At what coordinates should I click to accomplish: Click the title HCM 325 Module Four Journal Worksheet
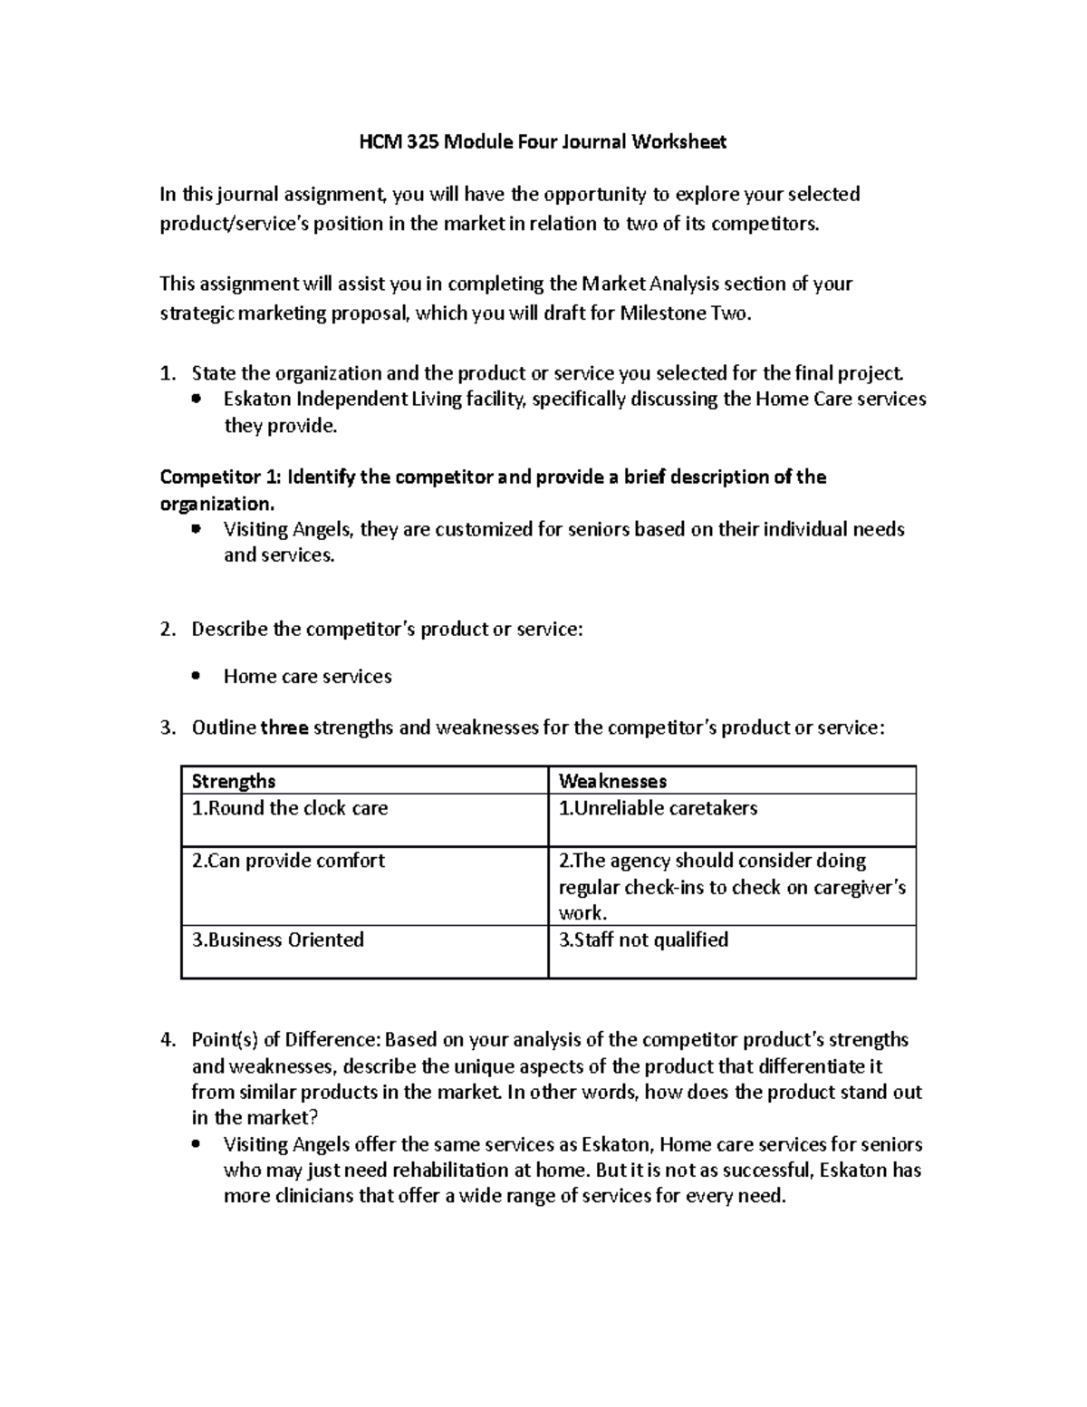[543, 141]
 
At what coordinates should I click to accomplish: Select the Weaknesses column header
[612, 781]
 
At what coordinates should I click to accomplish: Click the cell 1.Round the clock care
[290, 808]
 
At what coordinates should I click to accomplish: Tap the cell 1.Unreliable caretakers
[658, 808]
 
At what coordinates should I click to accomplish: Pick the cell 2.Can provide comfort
[288, 861]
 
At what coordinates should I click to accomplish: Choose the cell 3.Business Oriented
[278, 940]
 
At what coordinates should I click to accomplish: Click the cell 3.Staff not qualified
[643, 940]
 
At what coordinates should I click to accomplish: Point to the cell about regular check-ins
[732, 886]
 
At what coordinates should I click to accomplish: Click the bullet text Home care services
[307, 677]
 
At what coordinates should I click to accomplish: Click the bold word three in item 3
[284, 728]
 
